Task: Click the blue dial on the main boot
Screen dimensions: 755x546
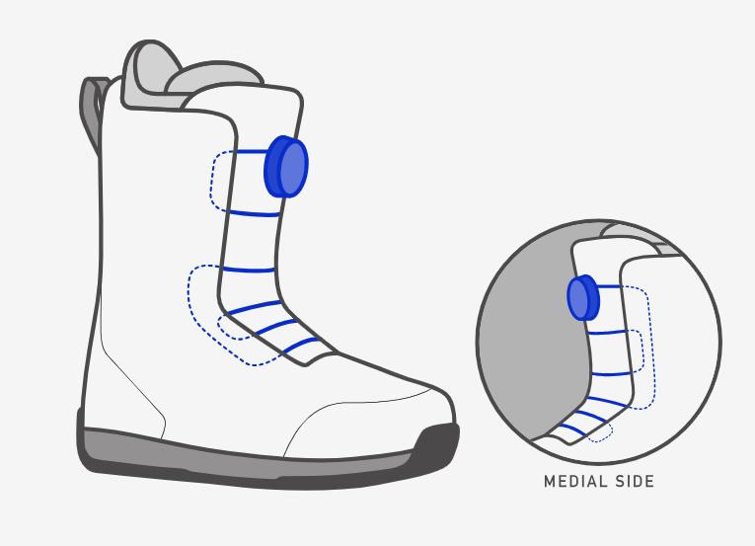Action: point(286,166)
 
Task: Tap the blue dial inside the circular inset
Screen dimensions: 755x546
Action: point(583,297)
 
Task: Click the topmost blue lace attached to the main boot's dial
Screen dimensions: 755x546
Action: point(252,152)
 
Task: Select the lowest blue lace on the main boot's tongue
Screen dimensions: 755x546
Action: point(300,345)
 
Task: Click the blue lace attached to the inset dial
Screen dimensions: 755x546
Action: point(610,286)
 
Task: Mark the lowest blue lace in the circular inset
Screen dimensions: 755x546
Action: point(572,429)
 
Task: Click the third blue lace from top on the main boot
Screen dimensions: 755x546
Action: point(249,270)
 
